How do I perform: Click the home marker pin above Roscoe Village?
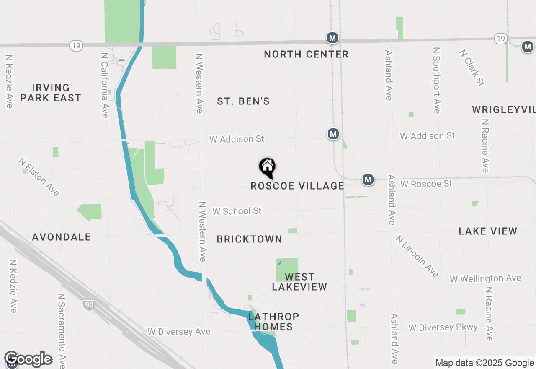coord(267,167)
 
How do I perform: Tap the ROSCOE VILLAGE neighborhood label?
coord(297,186)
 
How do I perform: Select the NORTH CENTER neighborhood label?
coord(306,54)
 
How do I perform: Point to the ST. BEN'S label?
coord(243,101)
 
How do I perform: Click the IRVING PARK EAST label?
coord(51,93)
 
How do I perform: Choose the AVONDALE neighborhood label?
coord(62,237)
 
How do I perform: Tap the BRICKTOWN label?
coord(249,239)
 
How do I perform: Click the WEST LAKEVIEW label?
coord(299,282)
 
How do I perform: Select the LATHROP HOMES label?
coord(273,322)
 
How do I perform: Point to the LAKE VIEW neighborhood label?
coord(488,231)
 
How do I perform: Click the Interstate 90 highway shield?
coord(88,305)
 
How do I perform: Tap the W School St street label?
coord(237,211)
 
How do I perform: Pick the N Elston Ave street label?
coord(39,177)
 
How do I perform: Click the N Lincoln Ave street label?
coord(417,256)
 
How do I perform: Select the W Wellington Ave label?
coord(485,278)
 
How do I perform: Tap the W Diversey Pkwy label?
coord(443,327)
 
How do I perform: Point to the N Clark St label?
coord(472,68)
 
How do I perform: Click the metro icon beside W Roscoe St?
coord(368,179)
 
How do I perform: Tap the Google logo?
coord(28,359)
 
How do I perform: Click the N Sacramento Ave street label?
coord(62,329)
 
